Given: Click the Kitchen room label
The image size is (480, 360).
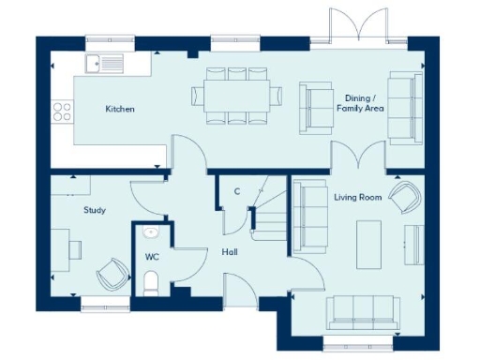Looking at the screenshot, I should point(119,110).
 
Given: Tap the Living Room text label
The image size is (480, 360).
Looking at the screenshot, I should point(356,196).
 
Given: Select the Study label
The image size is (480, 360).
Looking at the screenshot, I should point(93,211).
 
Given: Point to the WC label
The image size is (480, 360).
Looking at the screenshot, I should point(152,255).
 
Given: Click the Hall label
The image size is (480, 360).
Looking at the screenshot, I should point(229,252).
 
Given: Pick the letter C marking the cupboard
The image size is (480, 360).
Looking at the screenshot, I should point(236,192).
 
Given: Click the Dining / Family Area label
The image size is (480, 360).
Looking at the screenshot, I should point(361,102).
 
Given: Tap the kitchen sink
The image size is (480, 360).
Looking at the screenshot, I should point(103,63).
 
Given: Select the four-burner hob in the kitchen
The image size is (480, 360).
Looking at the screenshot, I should point(62,112).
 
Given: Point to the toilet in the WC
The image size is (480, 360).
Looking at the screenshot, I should point(151,280).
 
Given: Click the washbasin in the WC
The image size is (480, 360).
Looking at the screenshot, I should point(151,233).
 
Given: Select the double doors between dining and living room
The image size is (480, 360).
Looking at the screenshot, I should point(358,157).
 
